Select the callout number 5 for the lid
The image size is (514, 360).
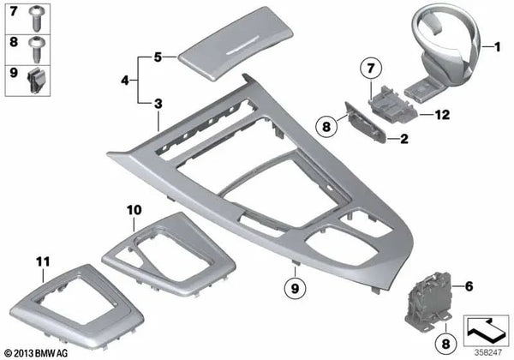pos(158,58)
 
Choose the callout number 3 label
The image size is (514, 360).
pos(158,104)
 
